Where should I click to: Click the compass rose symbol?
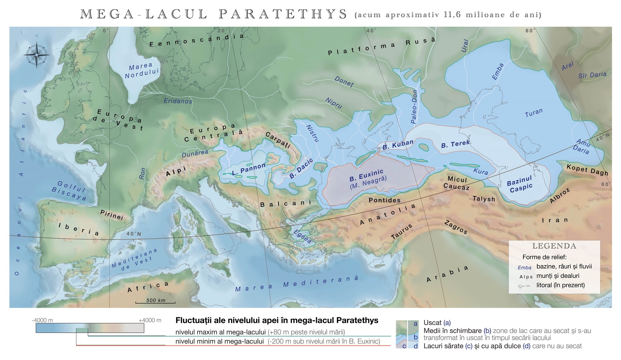37,55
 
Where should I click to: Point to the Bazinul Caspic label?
520,185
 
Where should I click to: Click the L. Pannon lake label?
249,169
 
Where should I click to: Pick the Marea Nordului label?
141,70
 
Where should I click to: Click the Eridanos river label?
178,101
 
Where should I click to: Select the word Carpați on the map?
278,139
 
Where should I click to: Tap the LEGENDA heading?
554,246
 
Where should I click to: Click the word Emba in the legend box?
524,267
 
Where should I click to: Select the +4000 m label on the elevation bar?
150,320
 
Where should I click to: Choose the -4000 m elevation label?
42,320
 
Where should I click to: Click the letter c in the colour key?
404,346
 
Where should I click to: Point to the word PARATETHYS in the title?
283,14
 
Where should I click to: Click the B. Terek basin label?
455,144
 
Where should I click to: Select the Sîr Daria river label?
592,75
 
